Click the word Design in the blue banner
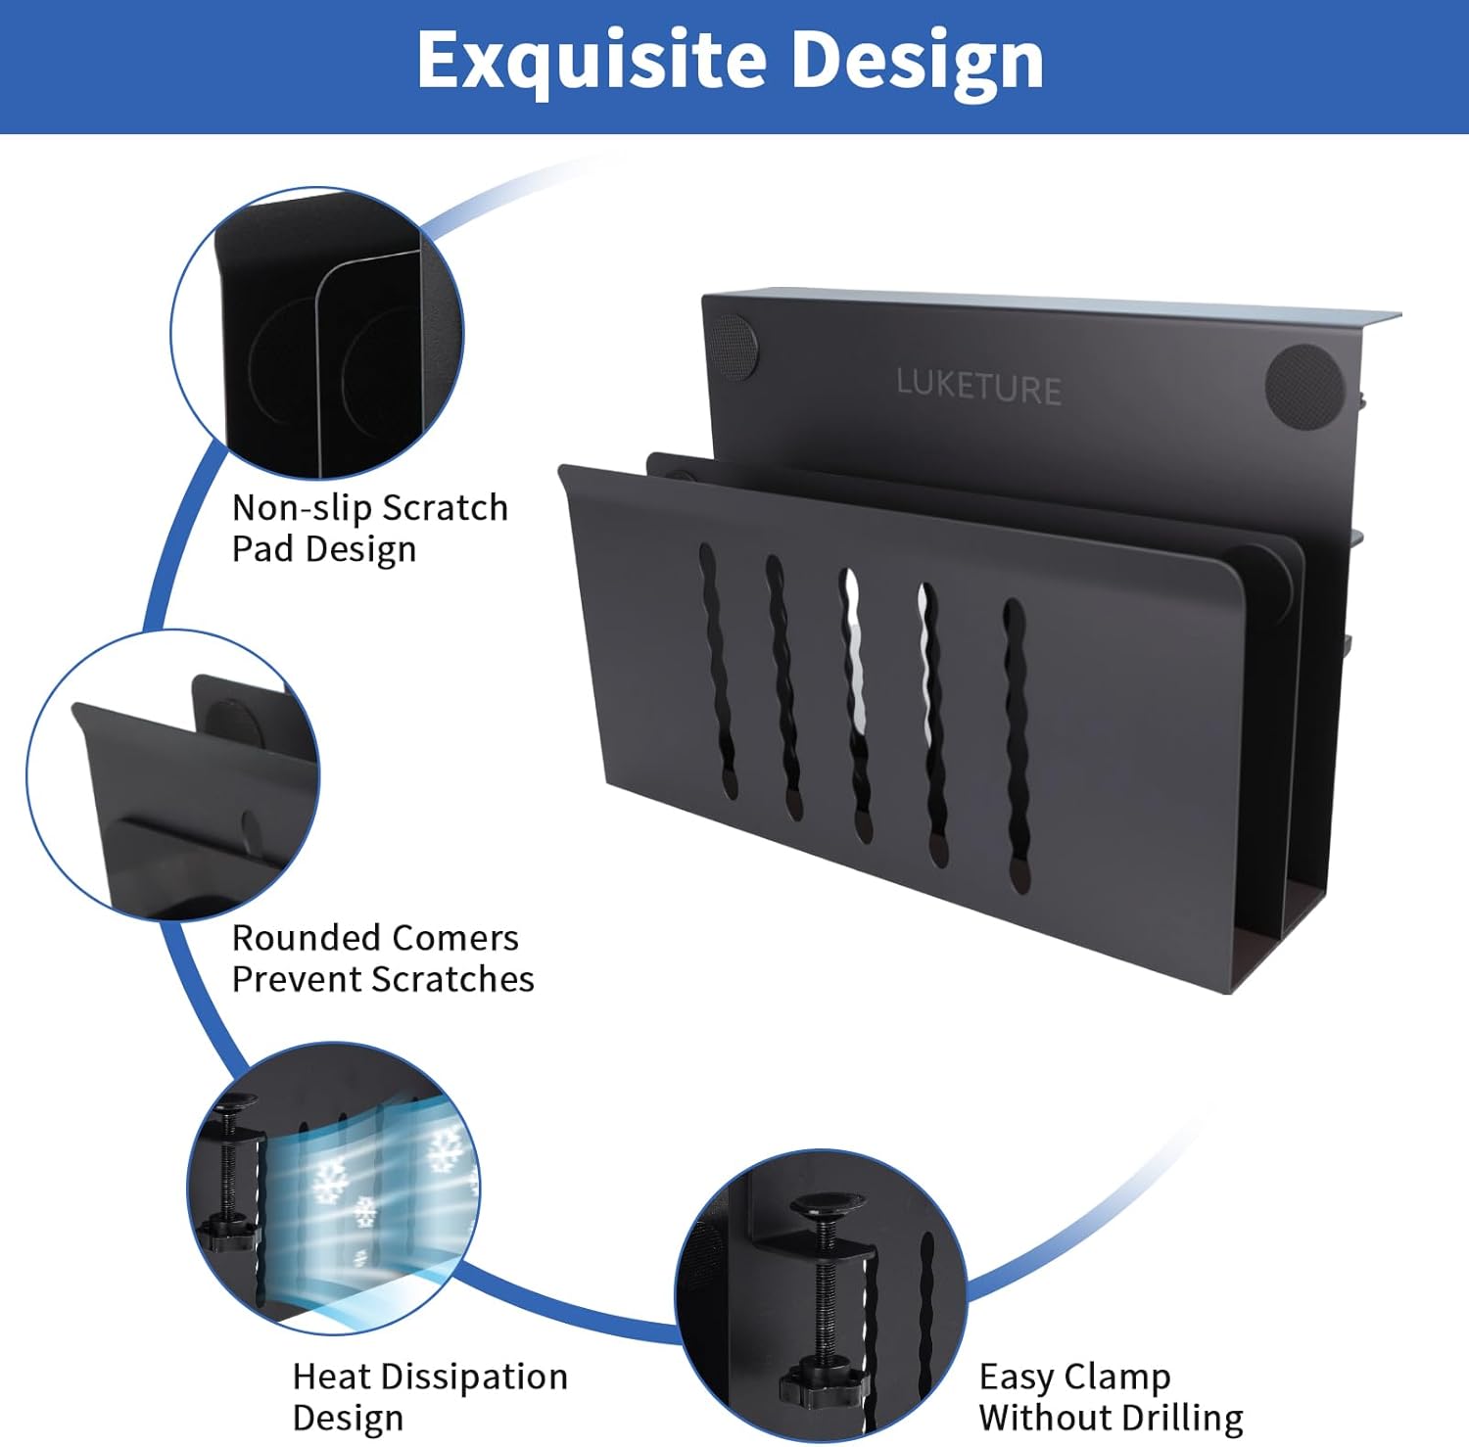917,61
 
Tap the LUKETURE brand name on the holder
978,387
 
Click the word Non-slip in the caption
302,508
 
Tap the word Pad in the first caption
263,549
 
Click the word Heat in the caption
330,1377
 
